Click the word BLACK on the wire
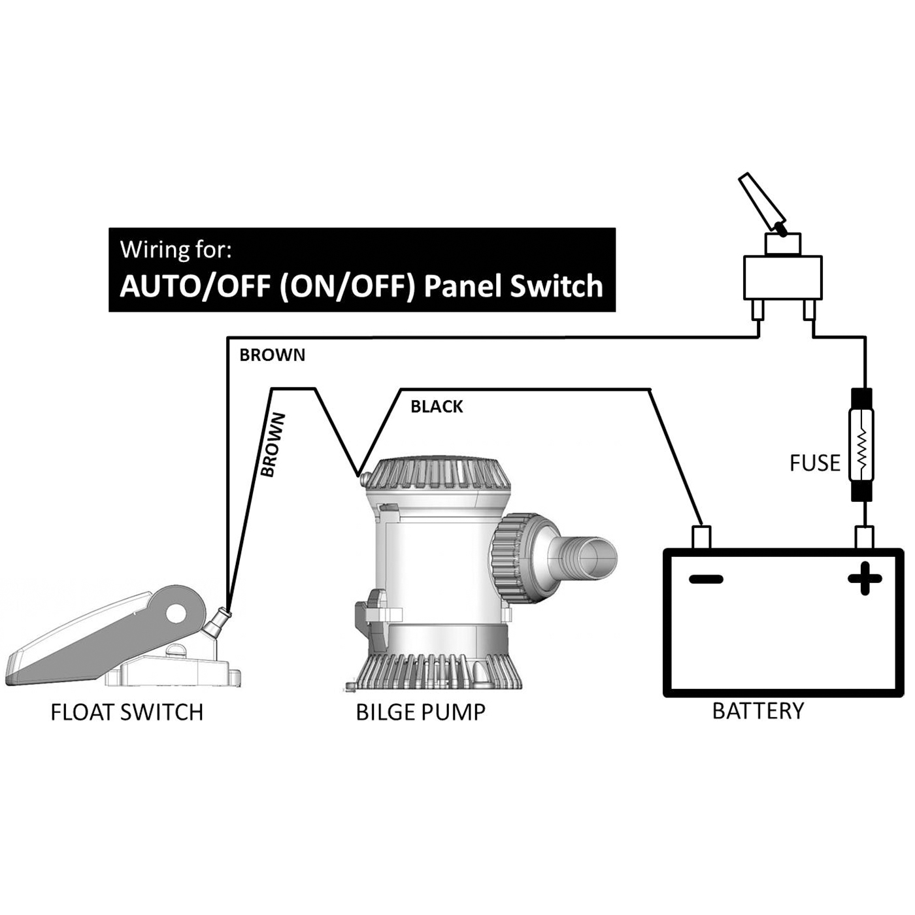tap(437, 407)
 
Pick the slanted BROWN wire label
tap(273, 444)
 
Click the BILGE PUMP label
tap(420, 712)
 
